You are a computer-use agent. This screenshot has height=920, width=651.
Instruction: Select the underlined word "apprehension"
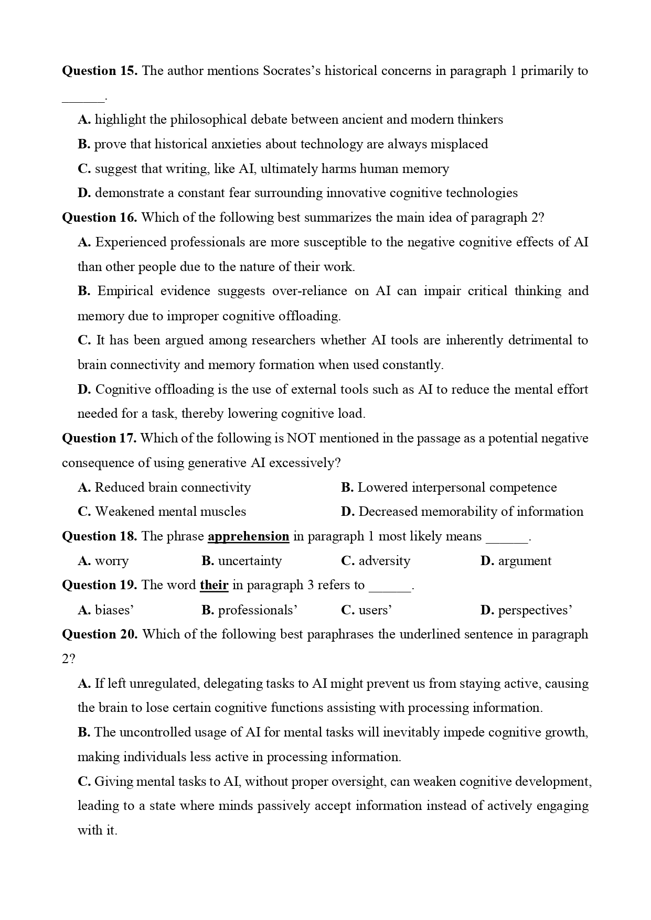(248, 536)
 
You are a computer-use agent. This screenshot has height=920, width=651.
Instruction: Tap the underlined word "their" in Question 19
(214, 585)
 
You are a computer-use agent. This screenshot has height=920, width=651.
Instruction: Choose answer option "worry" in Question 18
(111, 561)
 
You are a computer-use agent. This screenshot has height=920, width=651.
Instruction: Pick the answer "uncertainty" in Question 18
(250, 561)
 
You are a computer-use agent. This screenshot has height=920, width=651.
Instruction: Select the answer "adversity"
(384, 561)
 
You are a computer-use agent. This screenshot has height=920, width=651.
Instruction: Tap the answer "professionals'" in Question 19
(258, 610)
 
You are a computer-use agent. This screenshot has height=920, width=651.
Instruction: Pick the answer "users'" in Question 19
(375, 610)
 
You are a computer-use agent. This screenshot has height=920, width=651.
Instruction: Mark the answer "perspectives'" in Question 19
(535, 610)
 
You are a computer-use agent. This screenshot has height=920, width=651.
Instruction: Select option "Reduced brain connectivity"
(173, 488)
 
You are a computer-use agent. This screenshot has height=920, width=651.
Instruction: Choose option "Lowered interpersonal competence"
(457, 488)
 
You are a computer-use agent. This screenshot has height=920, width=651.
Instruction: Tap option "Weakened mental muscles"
(170, 512)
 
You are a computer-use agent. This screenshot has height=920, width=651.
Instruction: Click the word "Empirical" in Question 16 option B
(125, 291)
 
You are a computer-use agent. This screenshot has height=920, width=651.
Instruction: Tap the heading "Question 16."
(100, 218)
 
